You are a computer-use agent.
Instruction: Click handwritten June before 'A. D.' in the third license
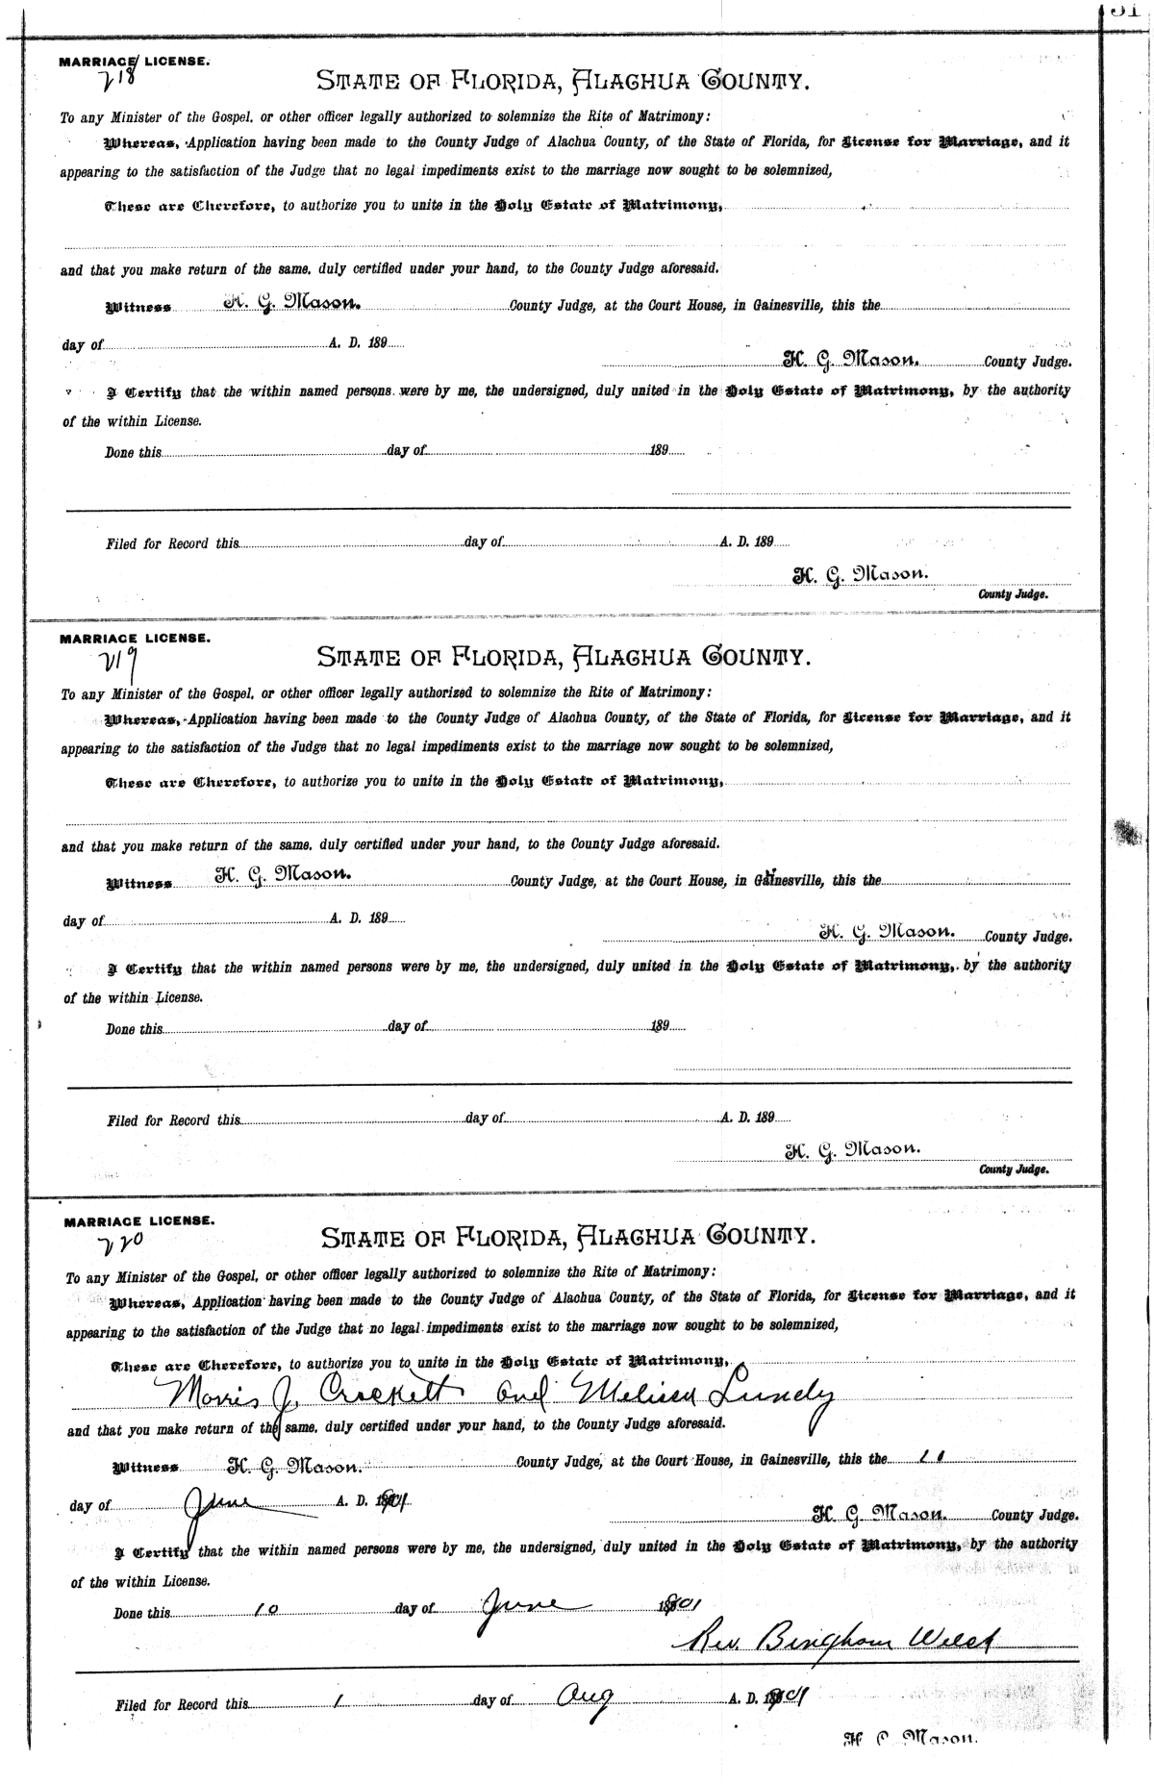pyautogui.click(x=219, y=1501)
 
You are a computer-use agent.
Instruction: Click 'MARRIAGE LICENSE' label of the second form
pyautogui.click(x=135, y=639)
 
